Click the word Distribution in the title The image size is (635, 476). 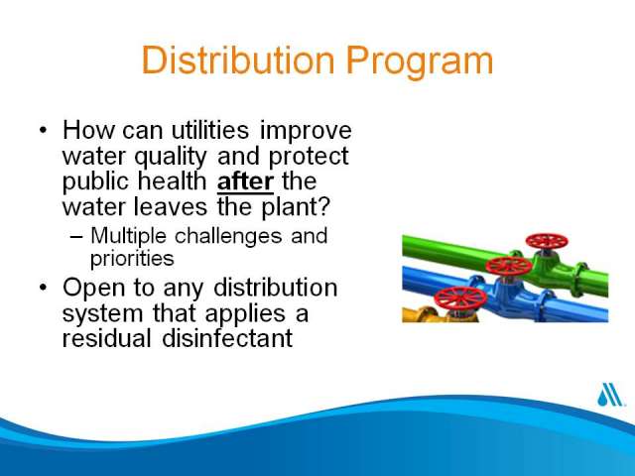(x=238, y=59)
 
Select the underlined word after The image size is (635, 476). (x=245, y=180)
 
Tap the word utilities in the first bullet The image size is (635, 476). (x=210, y=130)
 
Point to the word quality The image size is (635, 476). (x=171, y=158)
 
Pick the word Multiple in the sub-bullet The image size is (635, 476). (x=128, y=236)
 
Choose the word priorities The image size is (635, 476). (x=132, y=259)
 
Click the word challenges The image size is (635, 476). (x=228, y=236)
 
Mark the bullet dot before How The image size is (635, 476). (x=43, y=131)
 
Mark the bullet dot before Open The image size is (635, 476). (x=43, y=288)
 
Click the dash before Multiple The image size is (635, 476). (x=76, y=237)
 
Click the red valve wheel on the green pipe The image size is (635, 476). (x=547, y=242)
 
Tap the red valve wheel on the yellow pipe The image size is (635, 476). (x=460, y=298)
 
